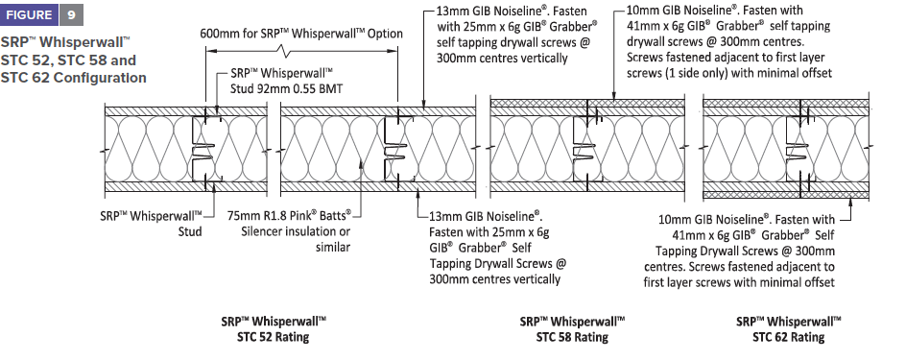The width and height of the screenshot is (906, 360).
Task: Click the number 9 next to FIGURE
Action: coord(71,15)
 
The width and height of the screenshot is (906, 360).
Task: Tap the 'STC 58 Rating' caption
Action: coord(572,336)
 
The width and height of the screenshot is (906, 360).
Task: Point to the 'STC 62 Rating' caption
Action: coord(788,336)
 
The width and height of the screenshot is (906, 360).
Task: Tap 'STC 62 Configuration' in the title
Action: coord(73,77)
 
